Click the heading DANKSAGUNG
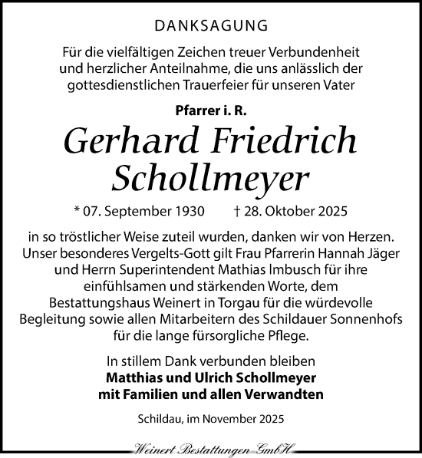[x=210, y=25]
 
